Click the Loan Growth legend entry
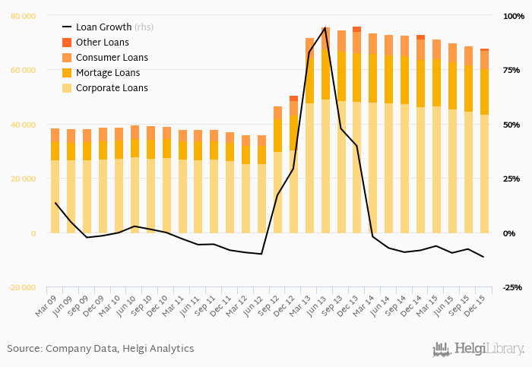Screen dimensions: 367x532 pyautogui.click(x=106, y=28)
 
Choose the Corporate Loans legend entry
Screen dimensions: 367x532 pyautogui.click(x=112, y=88)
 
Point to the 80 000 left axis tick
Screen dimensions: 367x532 pyautogui.click(x=23, y=15)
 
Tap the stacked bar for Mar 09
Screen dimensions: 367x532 pyautogui.click(x=55, y=182)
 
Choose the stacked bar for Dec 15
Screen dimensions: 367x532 pyautogui.click(x=484, y=144)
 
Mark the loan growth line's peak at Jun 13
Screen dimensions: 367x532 pyautogui.click(x=325, y=28)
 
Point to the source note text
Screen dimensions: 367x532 pyautogui.click(x=100, y=349)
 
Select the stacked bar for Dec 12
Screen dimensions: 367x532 pyautogui.click(x=293, y=167)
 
